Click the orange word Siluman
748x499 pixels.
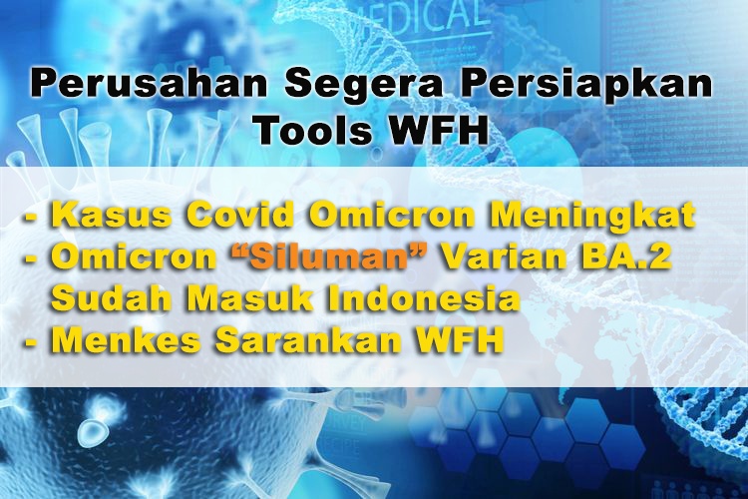click(329, 257)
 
